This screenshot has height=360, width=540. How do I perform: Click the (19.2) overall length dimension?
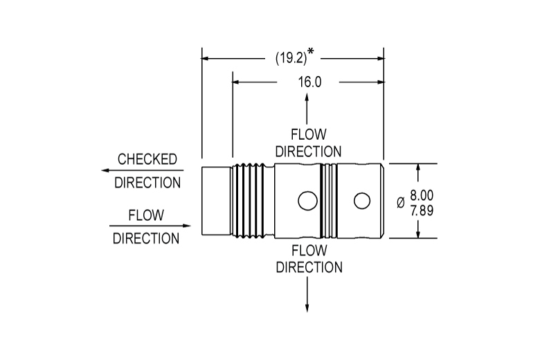click(x=291, y=58)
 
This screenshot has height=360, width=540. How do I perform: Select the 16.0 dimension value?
click(x=309, y=82)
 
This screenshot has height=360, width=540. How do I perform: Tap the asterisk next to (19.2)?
click(x=311, y=51)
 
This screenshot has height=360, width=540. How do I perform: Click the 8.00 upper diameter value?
click(x=422, y=195)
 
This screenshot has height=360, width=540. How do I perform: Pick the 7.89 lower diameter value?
click(x=422, y=210)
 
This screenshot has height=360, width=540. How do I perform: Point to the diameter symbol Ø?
click(x=401, y=203)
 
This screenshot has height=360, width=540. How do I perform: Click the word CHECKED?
click(x=147, y=159)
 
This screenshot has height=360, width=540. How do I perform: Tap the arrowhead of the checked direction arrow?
click(x=105, y=170)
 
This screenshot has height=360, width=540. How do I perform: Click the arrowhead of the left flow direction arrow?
click(x=187, y=226)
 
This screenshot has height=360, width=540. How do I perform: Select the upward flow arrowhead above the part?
click(x=307, y=97)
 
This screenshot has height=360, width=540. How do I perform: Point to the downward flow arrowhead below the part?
click(x=307, y=308)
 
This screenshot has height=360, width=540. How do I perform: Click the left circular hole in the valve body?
click(x=307, y=201)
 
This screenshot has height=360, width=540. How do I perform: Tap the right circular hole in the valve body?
click(x=362, y=201)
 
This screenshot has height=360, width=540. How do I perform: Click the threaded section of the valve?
click(x=253, y=201)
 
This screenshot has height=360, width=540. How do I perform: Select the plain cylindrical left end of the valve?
click(x=216, y=201)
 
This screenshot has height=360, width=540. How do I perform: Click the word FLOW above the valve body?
click(x=309, y=134)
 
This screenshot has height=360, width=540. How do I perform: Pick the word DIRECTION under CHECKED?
click(x=147, y=183)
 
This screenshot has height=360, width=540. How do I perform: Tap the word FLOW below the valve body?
click(x=309, y=251)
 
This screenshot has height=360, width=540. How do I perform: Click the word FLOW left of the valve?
click(x=146, y=215)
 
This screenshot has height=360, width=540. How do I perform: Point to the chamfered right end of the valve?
click(x=382, y=201)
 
